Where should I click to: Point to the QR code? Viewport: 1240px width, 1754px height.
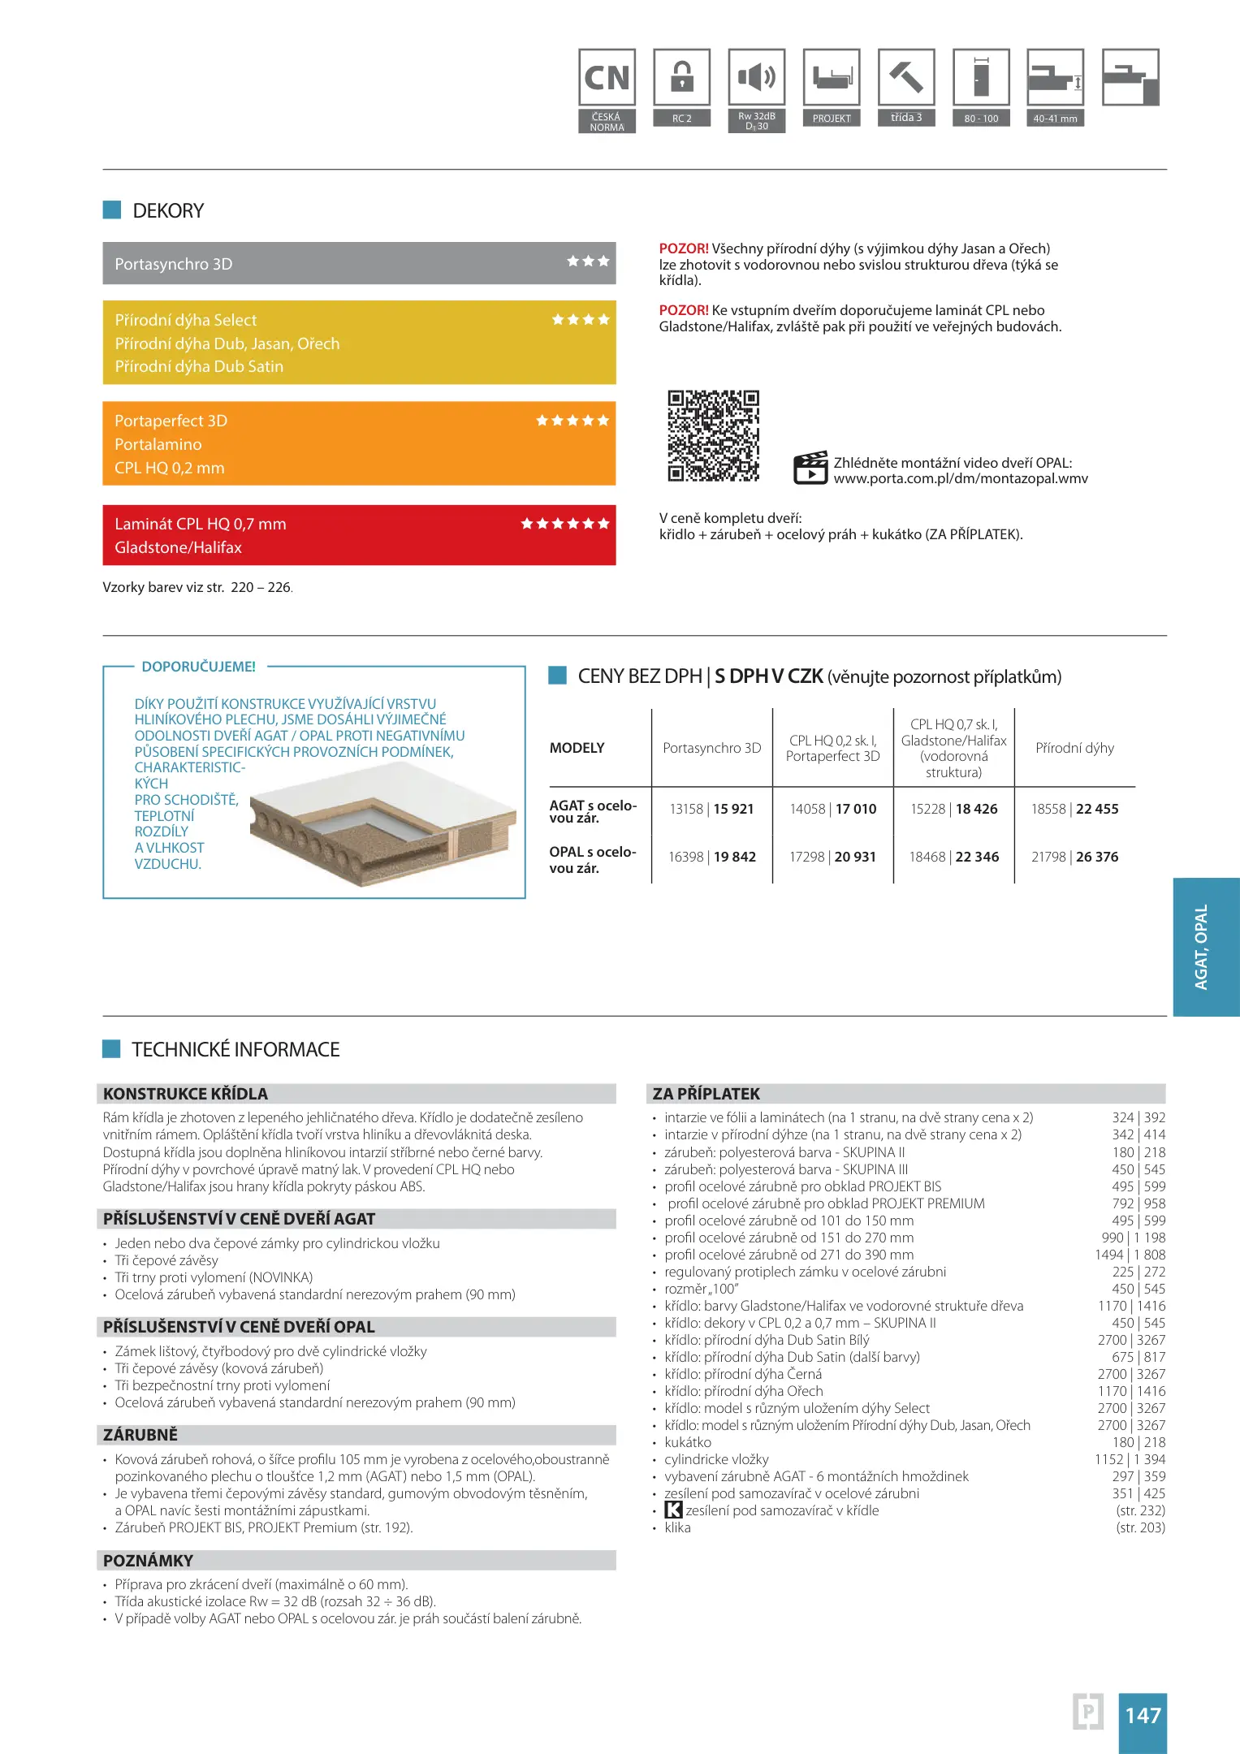(713, 436)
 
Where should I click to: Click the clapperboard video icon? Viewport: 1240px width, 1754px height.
(810, 468)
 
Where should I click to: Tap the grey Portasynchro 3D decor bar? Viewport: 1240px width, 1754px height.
(359, 263)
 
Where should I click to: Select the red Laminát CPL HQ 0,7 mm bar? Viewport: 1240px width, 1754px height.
(359, 535)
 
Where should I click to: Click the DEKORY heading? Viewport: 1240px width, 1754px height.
(168, 211)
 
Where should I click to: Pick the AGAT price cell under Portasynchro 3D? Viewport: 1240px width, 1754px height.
(711, 809)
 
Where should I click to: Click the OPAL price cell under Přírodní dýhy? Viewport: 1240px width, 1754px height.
(1074, 857)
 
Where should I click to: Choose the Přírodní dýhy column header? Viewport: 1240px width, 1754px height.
(1074, 748)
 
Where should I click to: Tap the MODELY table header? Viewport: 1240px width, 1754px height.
(577, 748)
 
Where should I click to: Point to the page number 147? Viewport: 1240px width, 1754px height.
(1143, 1715)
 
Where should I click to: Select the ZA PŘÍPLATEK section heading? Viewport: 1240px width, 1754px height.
(706, 1094)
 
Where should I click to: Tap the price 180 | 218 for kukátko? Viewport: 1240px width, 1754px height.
(1138, 1442)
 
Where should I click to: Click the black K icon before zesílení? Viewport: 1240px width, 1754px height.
(673, 1510)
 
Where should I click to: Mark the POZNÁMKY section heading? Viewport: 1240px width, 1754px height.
(149, 1561)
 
